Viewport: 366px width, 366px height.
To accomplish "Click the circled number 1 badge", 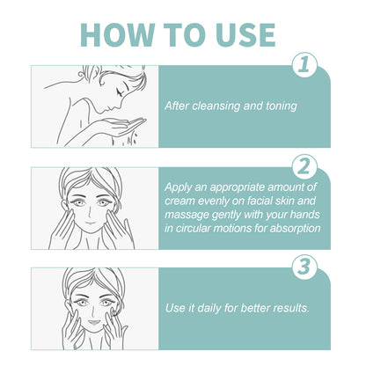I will (x=304, y=65).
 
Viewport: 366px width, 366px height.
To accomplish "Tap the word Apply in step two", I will (x=183, y=187).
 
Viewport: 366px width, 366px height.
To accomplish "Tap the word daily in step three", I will (x=210, y=309).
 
